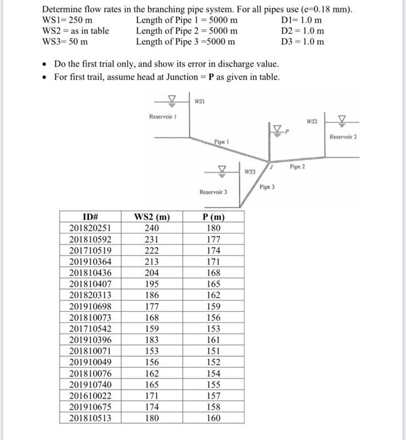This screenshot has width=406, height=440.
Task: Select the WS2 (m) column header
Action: pyautogui.click(x=152, y=218)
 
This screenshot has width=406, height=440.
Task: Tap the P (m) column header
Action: pyautogui.click(x=214, y=218)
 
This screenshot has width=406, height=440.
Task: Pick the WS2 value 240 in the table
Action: pyautogui.click(x=152, y=229)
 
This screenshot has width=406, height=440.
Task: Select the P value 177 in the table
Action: pyautogui.click(x=214, y=239)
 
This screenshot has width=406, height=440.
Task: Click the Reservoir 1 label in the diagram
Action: pyautogui.click(x=163, y=117)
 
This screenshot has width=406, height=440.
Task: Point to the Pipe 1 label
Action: pyautogui.click(x=220, y=142)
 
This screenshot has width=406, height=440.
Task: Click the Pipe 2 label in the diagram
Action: pyautogui.click(x=297, y=167)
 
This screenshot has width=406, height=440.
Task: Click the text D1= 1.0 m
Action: pyautogui.click(x=303, y=21)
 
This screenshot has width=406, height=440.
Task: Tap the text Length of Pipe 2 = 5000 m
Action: pyautogui.click(x=186, y=31)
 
